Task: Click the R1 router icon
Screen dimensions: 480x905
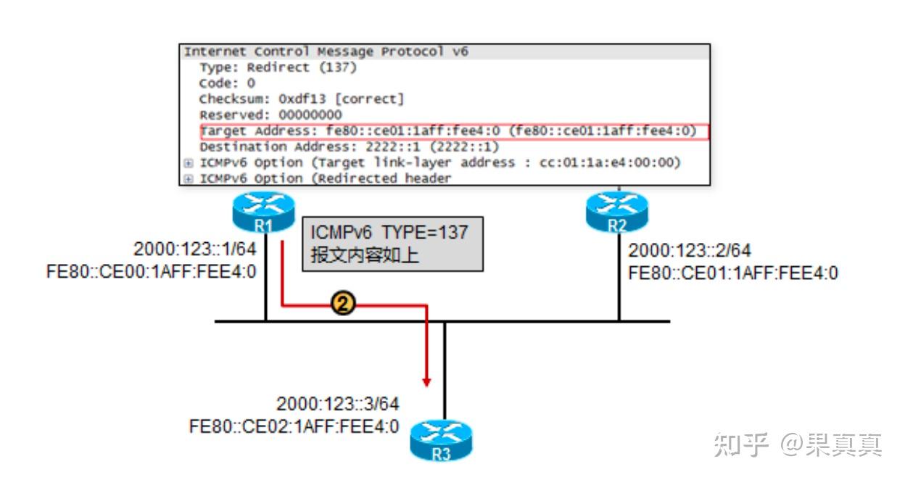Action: click(x=264, y=210)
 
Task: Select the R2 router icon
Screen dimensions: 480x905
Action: click(x=617, y=211)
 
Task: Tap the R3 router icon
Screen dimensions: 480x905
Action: click(x=441, y=442)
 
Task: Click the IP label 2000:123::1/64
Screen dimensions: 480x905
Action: click(x=195, y=250)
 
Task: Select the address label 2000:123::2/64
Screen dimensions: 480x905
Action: click(x=690, y=251)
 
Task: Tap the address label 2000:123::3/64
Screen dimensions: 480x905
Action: click(x=337, y=405)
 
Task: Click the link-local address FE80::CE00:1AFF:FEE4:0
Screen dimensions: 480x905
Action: click(x=151, y=273)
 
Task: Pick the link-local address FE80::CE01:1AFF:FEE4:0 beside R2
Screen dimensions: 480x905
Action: click(x=733, y=273)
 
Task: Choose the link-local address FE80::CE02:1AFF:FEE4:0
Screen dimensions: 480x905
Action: click(x=294, y=426)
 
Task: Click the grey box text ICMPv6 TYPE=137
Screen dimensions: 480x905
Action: click(x=389, y=233)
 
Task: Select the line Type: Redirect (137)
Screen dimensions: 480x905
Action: click(x=278, y=67)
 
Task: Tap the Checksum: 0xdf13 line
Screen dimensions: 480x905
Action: click(x=302, y=99)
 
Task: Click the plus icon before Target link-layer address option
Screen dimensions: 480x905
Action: click(x=189, y=163)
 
